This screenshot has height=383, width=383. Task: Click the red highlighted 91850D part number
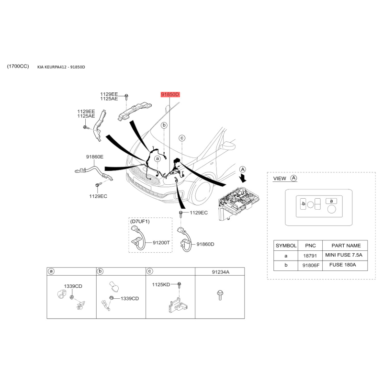coord(170,95)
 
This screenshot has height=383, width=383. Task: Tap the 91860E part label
coord(95,157)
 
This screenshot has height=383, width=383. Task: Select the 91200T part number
coord(161,243)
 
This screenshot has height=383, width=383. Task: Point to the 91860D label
coord(205,244)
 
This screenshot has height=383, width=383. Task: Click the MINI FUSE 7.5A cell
coord(343,255)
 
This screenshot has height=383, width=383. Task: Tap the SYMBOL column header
coord(286,245)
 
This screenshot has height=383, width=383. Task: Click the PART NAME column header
coord(343,245)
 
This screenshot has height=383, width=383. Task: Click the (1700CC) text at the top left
coord(18,66)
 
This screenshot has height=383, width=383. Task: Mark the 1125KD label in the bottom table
coord(161,284)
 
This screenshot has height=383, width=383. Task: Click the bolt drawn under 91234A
coord(220,294)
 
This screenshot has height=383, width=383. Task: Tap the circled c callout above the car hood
coord(182,138)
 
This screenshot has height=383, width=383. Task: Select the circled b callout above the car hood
coord(164,125)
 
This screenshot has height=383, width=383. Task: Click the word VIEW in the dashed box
coord(279,179)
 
